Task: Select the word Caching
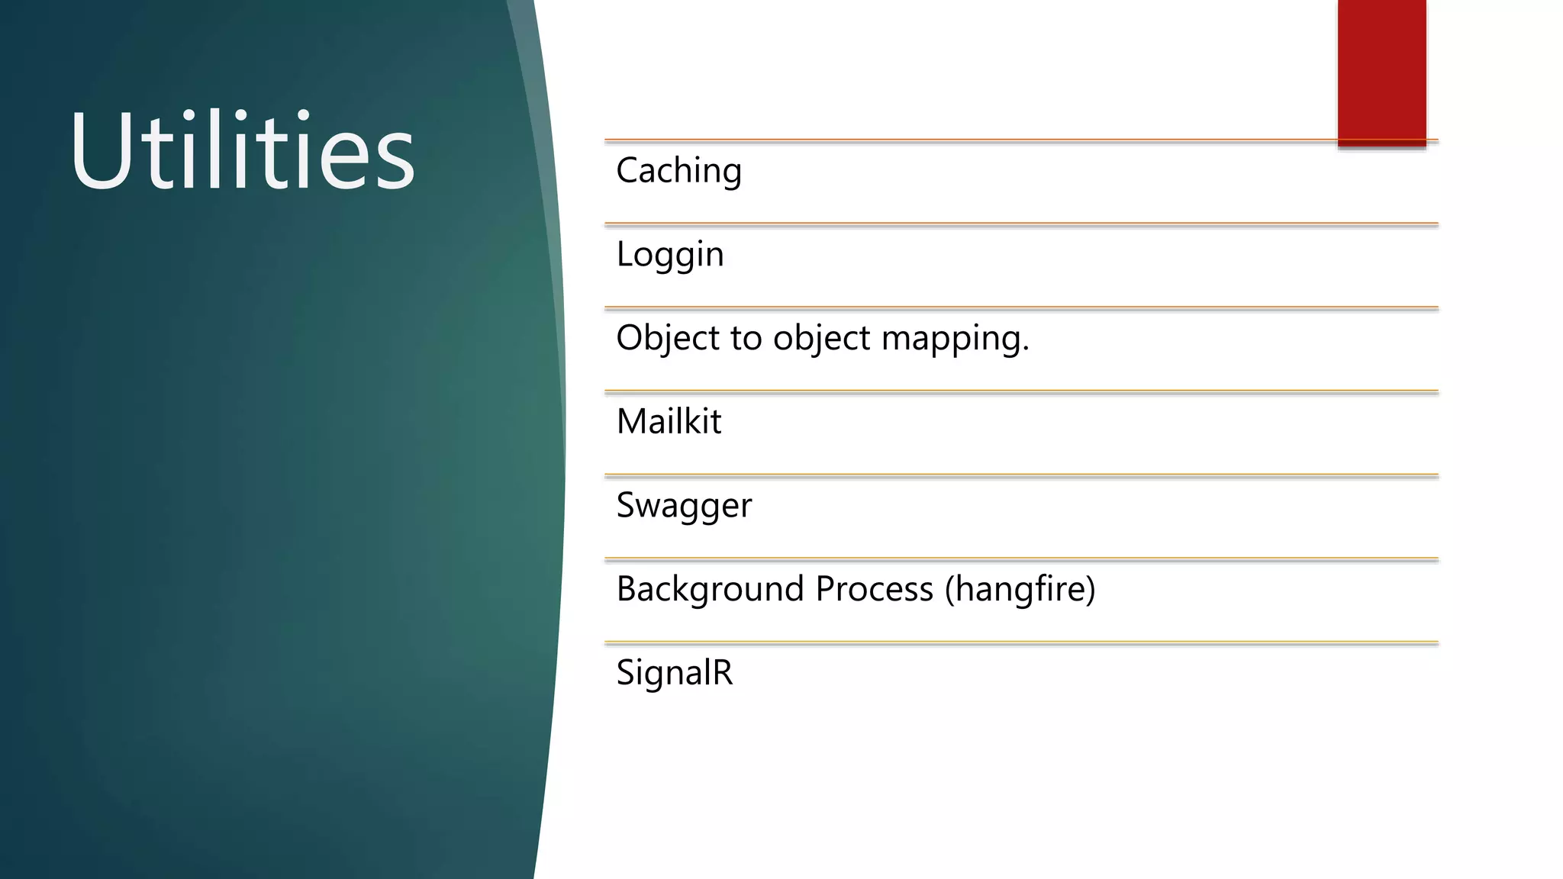[x=678, y=171]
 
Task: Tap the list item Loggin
[x=669, y=255]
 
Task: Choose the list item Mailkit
[x=669, y=422]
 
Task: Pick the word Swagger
[x=684, y=506]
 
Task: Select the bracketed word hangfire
[x=1020, y=589]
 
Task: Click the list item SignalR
[x=674, y=673]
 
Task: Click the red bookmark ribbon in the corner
[x=1381, y=72]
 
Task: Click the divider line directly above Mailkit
[x=1021, y=392]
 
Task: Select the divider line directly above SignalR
[x=1021, y=643]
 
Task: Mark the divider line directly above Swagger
[x=1021, y=476]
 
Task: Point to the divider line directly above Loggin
[x=1021, y=224]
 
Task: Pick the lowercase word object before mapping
[x=821, y=338]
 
